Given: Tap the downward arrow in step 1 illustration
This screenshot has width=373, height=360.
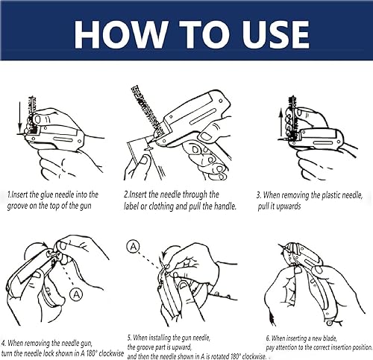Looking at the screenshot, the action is point(19,116).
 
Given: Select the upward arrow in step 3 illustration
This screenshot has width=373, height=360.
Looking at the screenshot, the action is point(281,124).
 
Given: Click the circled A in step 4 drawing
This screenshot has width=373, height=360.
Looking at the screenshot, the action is point(76,294).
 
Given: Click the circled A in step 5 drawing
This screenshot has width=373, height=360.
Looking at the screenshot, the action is point(134,246).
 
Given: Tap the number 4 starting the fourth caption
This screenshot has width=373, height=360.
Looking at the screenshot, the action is point(3,344).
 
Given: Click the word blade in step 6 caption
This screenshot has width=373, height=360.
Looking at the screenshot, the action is point(330,338).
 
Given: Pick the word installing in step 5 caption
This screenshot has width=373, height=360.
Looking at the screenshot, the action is point(160,338).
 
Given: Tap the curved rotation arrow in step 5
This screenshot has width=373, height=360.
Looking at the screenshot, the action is point(167,251).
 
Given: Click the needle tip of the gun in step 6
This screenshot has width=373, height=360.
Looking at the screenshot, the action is point(279,246).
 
